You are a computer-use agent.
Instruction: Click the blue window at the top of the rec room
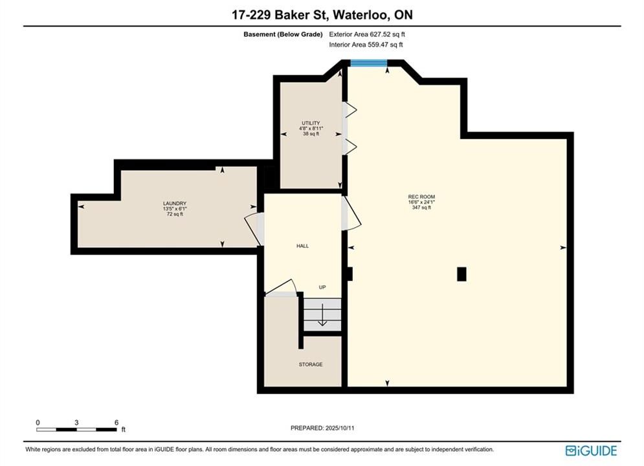[x=368, y=63]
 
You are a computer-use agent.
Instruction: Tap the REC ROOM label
[x=421, y=197]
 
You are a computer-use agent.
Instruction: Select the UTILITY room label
[x=311, y=123]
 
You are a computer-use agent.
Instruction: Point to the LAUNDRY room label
[x=175, y=204]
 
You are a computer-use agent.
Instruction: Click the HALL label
[x=303, y=246]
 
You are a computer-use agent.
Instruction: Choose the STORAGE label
[x=311, y=364]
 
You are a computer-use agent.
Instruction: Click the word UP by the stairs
[x=322, y=287]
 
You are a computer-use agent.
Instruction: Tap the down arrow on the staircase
[x=322, y=315]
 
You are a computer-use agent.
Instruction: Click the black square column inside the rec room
[x=461, y=274]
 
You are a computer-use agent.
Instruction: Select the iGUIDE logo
[x=591, y=450]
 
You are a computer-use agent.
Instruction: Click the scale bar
[x=76, y=430]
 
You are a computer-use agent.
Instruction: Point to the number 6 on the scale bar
[x=117, y=423]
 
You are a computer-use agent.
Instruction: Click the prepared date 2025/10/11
[x=340, y=428]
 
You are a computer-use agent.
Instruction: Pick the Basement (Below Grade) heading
[x=283, y=34]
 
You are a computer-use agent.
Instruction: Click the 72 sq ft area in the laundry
[x=175, y=214]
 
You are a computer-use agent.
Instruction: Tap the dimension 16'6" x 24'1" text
[x=421, y=202]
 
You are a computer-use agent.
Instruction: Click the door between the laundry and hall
[x=254, y=229]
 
